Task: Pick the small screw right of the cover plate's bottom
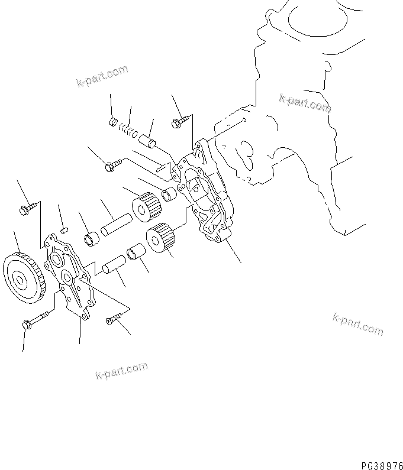click(x=113, y=320)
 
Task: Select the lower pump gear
click(x=160, y=238)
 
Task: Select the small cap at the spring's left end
click(x=114, y=123)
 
